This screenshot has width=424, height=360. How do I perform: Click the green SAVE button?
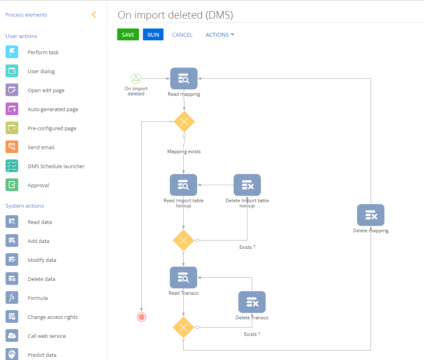128,35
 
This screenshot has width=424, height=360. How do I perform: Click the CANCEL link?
182,35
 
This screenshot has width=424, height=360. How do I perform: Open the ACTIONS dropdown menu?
220,35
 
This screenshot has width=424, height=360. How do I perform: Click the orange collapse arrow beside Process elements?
94,15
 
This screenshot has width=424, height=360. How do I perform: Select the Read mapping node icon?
184,79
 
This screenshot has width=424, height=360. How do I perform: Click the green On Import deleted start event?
136,78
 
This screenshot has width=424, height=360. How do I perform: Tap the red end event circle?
141,317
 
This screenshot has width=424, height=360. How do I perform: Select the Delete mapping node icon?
371,215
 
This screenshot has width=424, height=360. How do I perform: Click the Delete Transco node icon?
252,302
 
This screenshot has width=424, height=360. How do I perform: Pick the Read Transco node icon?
183,278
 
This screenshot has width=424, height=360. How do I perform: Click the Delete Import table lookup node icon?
247,185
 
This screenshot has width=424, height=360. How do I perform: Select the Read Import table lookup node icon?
183,185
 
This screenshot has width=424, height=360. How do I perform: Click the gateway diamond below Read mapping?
184,122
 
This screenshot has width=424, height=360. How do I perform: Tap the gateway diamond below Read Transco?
183,327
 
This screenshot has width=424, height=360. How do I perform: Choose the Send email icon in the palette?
12,147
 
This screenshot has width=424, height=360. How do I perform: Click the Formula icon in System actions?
12,298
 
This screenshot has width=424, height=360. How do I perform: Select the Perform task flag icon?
12,52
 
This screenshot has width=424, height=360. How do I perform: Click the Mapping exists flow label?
184,152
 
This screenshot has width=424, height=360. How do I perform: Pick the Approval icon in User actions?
12,185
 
